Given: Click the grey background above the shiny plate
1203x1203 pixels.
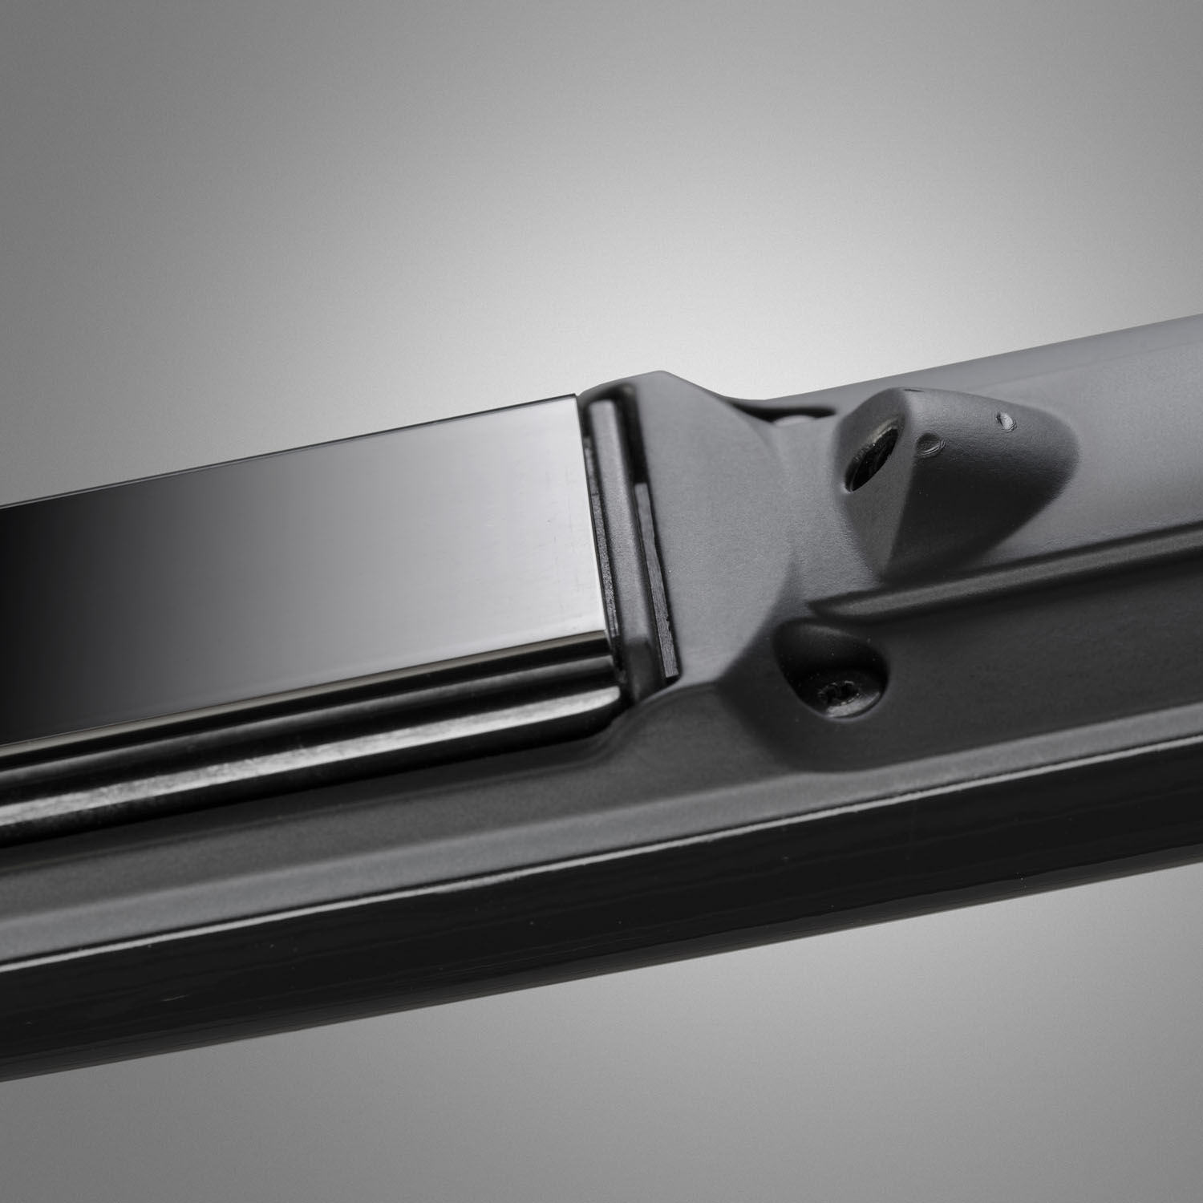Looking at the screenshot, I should tap(401, 200).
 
